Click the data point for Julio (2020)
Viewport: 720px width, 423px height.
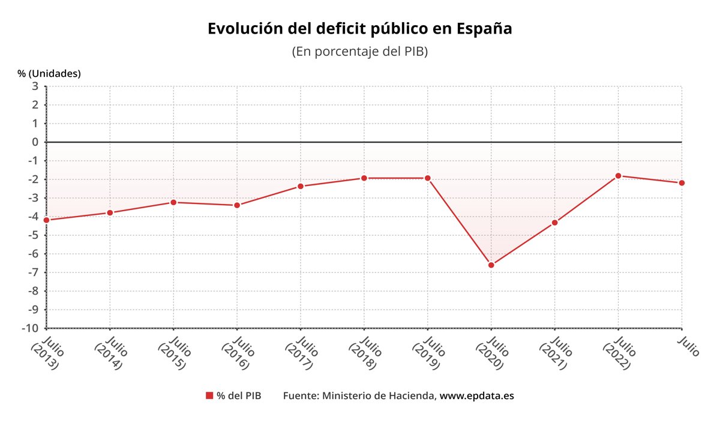(x=491, y=265)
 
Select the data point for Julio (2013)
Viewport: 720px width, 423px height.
(x=47, y=220)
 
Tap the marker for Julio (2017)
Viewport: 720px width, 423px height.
(x=301, y=186)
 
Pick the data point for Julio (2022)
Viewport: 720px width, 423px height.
(x=618, y=176)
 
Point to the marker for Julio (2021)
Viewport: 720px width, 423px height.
(x=555, y=223)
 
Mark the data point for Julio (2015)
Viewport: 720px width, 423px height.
(x=173, y=202)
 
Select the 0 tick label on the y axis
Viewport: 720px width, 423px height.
(x=35, y=142)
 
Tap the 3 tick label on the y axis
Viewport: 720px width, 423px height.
(x=35, y=86)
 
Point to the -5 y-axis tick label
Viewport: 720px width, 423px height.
(x=33, y=235)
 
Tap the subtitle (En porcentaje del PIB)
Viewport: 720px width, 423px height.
(x=359, y=52)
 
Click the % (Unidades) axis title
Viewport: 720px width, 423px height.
(x=49, y=73)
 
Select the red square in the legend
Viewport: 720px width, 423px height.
(x=209, y=395)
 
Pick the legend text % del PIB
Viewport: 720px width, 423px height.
(x=239, y=396)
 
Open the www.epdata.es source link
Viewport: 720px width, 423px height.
(x=477, y=396)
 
